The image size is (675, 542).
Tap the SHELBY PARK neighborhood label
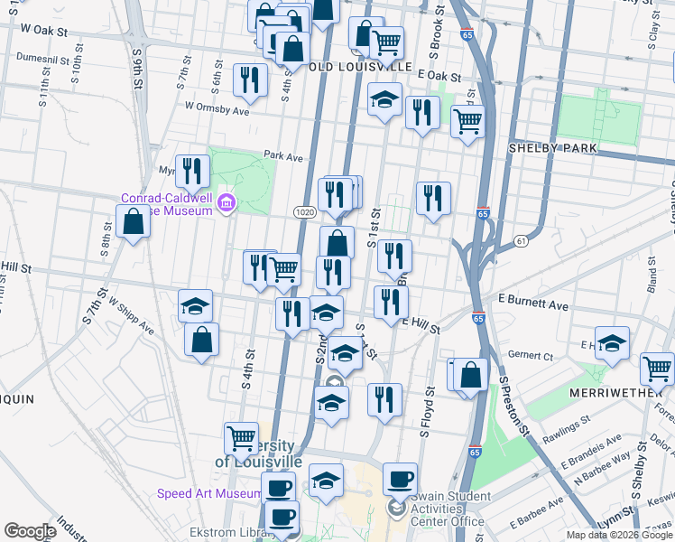coord(548,147)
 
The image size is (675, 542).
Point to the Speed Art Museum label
coord(209,493)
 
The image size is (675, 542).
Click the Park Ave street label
coord(282,156)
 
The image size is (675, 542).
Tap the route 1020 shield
coord(303,211)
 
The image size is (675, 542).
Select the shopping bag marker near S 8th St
coord(133,221)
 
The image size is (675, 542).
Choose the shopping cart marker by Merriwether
coord(657,368)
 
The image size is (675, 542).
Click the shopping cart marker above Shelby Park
coord(467,120)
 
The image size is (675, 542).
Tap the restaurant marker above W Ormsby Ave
coord(249,79)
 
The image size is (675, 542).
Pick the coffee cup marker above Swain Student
coord(399,478)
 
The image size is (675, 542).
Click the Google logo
coord(30,531)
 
